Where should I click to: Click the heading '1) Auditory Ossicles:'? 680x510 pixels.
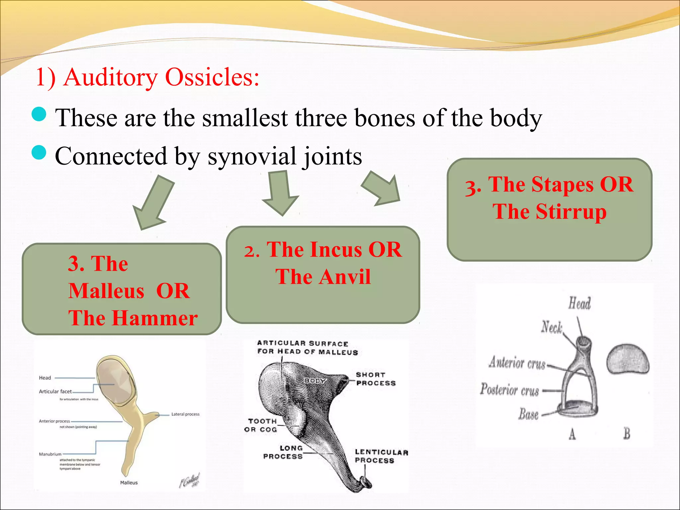coord(147,77)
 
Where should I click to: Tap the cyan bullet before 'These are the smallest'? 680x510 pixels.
coord(39,114)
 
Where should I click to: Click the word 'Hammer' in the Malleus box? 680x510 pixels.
coord(154,318)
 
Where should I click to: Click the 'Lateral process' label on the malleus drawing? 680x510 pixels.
coord(185,414)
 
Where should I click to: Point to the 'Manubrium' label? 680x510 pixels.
coord(50,454)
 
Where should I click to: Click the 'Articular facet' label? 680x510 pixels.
coord(55,391)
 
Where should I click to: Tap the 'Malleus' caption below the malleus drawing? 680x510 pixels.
coord(129,482)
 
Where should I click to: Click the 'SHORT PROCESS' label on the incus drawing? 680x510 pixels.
coord(376,379)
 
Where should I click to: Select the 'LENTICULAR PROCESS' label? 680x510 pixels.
coord(381,456)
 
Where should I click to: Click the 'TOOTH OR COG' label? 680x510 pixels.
coord(261,425)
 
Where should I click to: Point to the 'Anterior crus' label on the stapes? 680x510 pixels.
coord(517,363)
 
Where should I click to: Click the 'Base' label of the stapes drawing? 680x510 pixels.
coord(528,414)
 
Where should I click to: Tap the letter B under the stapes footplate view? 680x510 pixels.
coord(627,434)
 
